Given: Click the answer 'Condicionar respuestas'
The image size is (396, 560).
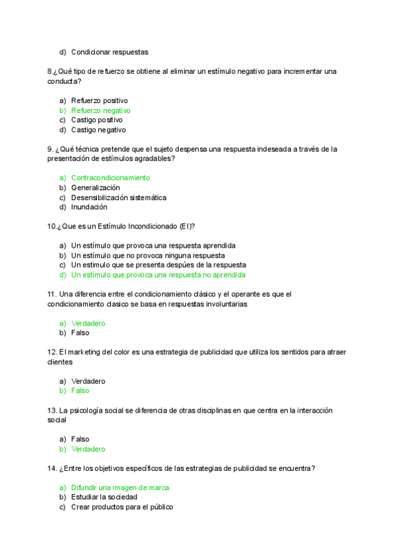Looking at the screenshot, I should click(110, 52).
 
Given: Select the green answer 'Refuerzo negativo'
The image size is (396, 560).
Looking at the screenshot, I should click(101, 111).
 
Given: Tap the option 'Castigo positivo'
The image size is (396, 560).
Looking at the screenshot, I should click(97, 120).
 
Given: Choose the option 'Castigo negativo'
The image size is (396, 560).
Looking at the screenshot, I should click(98, 130).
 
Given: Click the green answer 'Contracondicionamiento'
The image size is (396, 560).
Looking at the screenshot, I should click(110, 178).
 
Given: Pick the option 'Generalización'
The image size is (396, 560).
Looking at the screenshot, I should click(96, 188).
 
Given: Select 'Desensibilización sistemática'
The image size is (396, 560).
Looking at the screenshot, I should click(119, 197).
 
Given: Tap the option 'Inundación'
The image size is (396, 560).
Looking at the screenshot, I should click(89, 207).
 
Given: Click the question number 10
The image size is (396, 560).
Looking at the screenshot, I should click(51, 227).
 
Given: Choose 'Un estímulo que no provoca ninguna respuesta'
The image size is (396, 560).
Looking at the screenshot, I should click(148, 255).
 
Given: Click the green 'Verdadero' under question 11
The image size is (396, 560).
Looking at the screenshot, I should click(88, 324).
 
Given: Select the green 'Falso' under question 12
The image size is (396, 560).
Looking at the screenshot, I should click(81, 391).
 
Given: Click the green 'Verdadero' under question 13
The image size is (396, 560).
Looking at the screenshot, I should click(88, 449).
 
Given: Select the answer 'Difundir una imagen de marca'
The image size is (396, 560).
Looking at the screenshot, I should click(120, 487).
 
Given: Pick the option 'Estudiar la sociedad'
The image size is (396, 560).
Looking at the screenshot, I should click(104, 497).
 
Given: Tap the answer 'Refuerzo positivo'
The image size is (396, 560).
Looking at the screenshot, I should click(100, 101).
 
